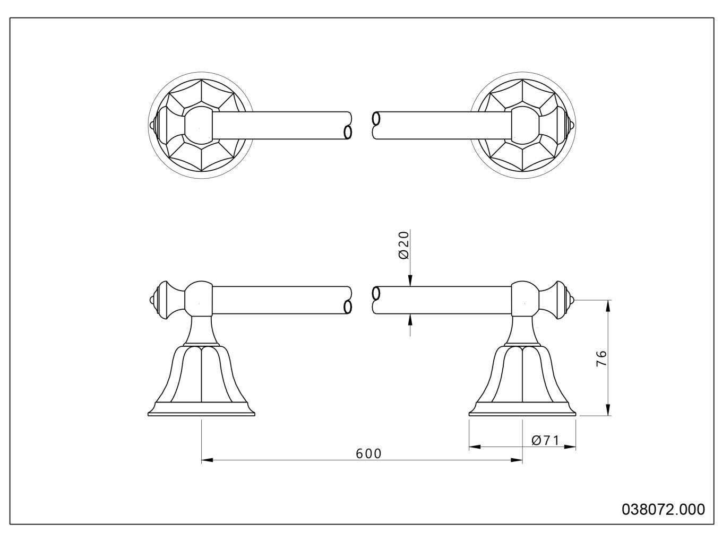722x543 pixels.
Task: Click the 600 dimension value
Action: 368,454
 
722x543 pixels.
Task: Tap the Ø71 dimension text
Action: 545,441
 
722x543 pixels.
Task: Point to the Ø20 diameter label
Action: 403,245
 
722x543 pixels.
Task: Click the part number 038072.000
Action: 663,510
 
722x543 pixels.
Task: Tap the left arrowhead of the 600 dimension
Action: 207,460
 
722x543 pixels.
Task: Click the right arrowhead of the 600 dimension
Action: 517,460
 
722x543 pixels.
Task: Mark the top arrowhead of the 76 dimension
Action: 608,306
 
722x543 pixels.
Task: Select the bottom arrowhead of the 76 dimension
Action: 608,410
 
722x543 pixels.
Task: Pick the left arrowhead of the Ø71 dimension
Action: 475,446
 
